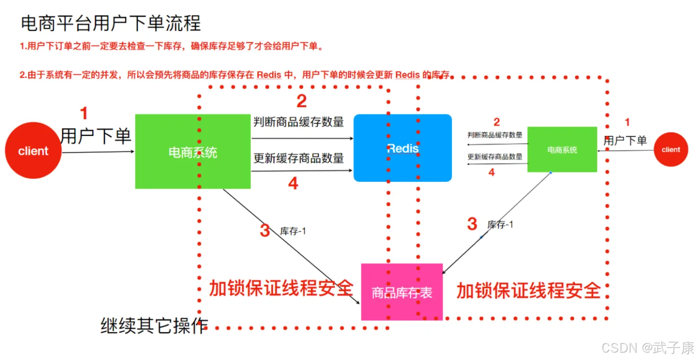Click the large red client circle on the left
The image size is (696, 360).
click(x=33, y=150)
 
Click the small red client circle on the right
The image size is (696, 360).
click(x=671, y=149)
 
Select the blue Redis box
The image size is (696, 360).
click(x=403, y=148)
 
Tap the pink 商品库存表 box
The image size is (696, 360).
click(x=402, y=292)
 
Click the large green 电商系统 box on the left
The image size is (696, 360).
click(x=193, y=152)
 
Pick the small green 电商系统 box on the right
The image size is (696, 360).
click(x=562, y=149)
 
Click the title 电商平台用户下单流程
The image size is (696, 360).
click(x=111, y=23)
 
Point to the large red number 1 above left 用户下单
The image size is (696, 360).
click(x=84, y=113)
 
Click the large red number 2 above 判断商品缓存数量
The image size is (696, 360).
click(x=302, y=101)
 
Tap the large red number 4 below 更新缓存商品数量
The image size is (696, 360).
click(x=293, y=183)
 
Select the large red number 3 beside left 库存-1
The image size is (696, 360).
click(x=265, y=231)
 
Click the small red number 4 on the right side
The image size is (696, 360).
click(x=491, y=172)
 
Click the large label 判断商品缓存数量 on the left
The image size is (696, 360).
click(x=299, y=122)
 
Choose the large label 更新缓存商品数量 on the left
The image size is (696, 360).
click(x=299, y=158)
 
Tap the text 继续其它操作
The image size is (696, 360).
click(x=154, y=326)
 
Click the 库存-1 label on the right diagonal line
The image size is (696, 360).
click(x=500, y=224)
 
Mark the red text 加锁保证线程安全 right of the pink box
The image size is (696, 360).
click(x=528, y=291)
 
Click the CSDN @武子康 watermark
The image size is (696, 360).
click(x=648, y=347)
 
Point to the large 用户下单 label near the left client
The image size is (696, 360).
click(x=96, y=136)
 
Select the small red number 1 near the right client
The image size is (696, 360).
click(x=627, y=122)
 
